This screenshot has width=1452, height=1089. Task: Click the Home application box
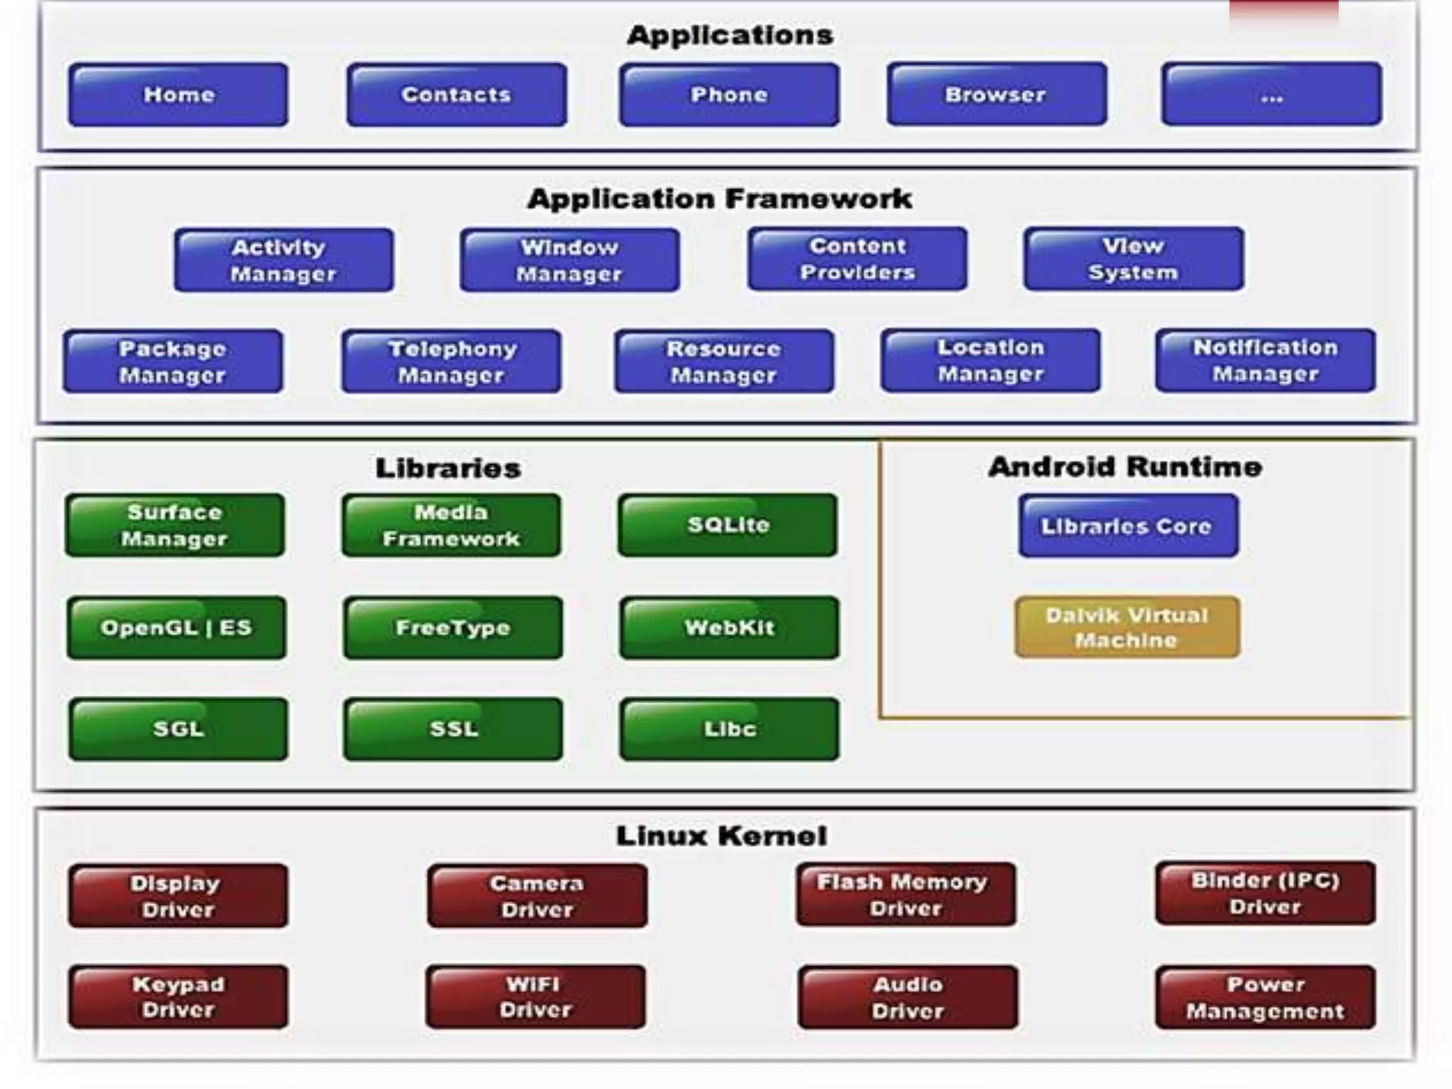tap(178, 94)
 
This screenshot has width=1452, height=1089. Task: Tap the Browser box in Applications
tap(996, 94)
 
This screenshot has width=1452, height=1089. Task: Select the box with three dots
tap(1271, 94)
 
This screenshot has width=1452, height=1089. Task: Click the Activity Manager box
tap(284, 260)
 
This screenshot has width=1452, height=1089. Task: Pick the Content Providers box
tap(857, 259)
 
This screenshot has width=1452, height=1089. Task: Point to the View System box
tap(1133, 259)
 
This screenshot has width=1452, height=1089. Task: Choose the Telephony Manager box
tap(452, 362)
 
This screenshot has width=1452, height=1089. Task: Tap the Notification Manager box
tap(1265, 360)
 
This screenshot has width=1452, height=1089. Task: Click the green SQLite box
tap(727, 525)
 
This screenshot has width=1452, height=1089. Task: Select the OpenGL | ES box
tap(177, 627)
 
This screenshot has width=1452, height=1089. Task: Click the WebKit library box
tap(729, 627)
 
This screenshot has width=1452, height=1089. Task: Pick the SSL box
tap(453, 729)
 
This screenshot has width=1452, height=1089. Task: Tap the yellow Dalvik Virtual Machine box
tap(1127, 627)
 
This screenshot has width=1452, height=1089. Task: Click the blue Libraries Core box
tap(1128, 526)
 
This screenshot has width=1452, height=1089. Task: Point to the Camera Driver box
tap(537, 896)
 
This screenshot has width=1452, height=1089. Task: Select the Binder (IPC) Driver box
tap(1265, 893)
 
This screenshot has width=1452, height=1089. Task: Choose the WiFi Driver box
tap(535, 997)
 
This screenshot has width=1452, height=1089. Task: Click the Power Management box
tap(1265, 997)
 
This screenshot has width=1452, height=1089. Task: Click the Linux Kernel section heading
tap(721, 836)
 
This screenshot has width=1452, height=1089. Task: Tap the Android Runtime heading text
tap(1125, 467)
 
